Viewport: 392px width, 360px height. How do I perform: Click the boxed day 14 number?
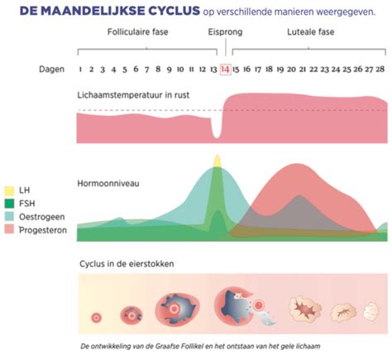[224, 70]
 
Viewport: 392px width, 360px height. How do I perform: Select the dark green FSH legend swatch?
[7, 204]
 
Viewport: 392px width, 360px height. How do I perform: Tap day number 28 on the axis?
[380, 70]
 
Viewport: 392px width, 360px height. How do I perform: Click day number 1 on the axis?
[80, 70]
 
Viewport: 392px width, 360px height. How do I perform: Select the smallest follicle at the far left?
[97, 317]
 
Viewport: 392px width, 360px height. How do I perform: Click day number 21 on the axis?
[304, 70]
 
